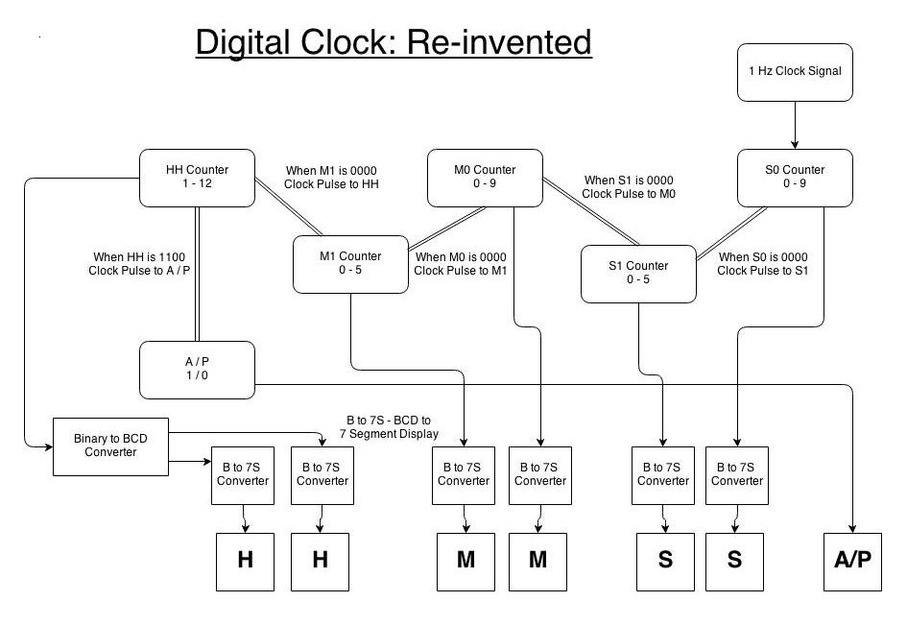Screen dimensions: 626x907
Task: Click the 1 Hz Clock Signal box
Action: coord(795,71)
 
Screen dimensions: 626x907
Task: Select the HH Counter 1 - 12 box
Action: coord(197,178)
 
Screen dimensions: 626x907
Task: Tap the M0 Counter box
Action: coord(485,178)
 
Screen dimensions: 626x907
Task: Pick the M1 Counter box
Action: coord(350,264)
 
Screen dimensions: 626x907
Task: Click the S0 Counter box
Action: coord(795,178)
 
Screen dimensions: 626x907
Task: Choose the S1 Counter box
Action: coord(638,274)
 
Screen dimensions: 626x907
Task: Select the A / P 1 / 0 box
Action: coord(197,370)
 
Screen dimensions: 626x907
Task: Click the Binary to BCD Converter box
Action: coord(110,446)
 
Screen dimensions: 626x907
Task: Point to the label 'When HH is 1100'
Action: coord(141,257)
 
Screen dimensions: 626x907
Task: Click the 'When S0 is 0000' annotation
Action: coord(763,257)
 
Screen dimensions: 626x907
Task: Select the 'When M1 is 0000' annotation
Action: coord(332,171)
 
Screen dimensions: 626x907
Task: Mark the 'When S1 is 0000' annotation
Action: coord(629,181)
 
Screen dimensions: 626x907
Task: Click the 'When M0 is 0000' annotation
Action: coord(460,257)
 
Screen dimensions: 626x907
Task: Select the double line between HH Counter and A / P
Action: coord(197,274)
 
